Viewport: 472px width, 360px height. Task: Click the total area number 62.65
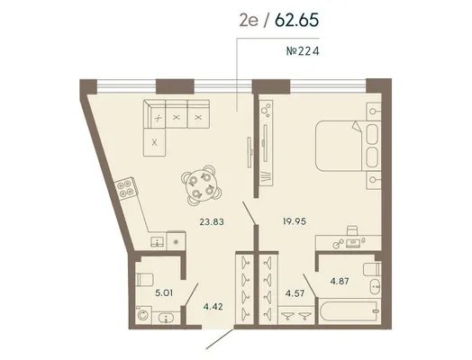[296, 20]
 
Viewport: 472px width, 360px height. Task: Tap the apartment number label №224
[303, 51]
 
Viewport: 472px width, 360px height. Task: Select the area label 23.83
[212, 222]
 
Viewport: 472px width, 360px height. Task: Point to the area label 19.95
[294, 221]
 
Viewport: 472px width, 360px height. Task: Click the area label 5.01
[164, 292]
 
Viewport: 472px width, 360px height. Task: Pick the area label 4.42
[213, 307]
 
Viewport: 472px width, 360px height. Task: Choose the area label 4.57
[295, 292]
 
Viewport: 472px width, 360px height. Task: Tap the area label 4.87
[340, 281]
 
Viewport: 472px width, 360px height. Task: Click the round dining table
[198, 184]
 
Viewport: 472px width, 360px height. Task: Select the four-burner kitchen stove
[125, 188]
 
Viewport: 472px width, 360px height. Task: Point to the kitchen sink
[158, 241]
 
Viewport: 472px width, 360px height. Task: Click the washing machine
[143, 315]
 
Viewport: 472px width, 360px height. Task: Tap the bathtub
[349, 311]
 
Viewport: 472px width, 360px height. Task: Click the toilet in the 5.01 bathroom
[144, 280]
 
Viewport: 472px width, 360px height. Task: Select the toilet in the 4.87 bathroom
[372, 269]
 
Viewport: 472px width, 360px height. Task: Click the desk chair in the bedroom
[352, 230]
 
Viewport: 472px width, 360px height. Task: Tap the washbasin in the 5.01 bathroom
[166, 318]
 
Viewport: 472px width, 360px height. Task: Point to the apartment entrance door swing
[220, 339]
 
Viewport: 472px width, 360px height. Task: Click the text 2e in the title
[249, 21]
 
